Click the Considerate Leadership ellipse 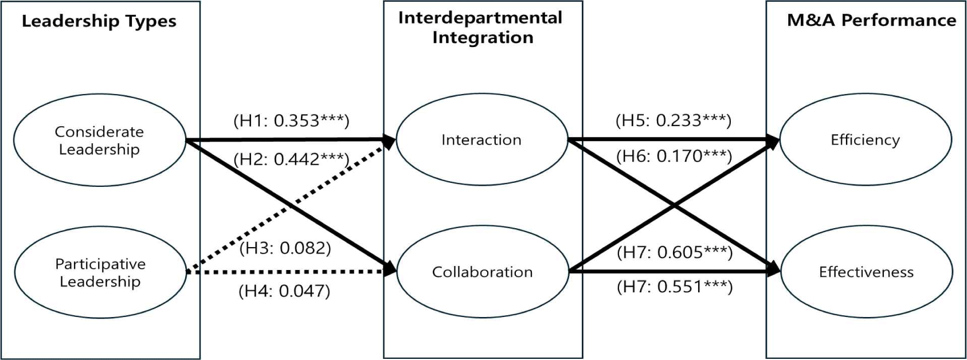tap(99, 140)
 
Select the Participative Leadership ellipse tap(100, 272)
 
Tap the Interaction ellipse tap(481, 140)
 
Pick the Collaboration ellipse tap(482, 272)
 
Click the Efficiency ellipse tap(865, 140)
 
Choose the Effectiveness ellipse tap(866, 272)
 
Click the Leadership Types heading tap(99, 22)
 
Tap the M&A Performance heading tap(871, 21)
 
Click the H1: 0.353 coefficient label tap(291, 120)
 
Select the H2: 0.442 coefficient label tap(291, 159)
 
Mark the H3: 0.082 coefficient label tap(285, 248)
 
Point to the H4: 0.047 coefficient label tap(284, 291)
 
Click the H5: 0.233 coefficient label tap(674, 120)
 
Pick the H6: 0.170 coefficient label tap(674, 156)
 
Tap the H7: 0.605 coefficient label tap(675, 252)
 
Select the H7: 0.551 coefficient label tap(675, 287)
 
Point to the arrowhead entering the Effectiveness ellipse tap(774, 269)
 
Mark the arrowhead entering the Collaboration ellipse tap(390, 268)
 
